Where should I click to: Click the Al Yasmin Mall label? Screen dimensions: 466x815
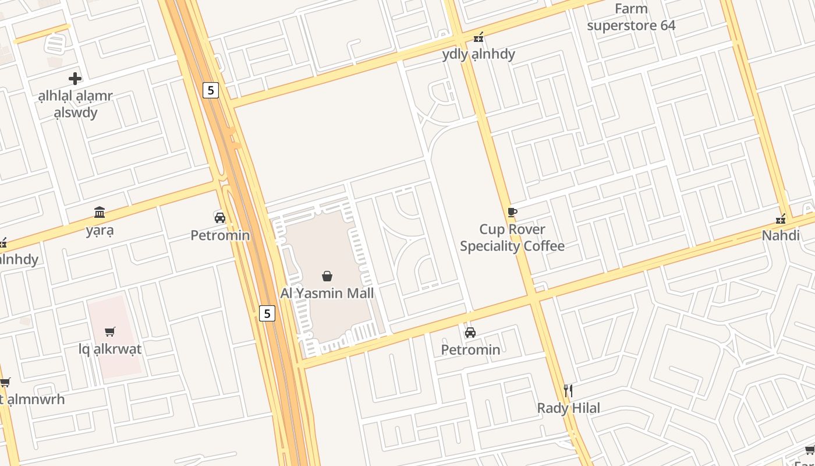pyautogui.click(x=327, y=293)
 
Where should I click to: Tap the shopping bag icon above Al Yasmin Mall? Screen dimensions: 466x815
pyautogui.click(x=327, y=276)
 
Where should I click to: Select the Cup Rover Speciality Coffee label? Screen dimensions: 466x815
pyautogui.click(x=512, y=238)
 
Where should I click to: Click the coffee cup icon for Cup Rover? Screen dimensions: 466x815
pyautogui.click(x=512, y=212)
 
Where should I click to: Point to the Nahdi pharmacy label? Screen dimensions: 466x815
pyautogui.click(x=781, y=236)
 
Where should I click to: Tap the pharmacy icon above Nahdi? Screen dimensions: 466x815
pyautogui.click(x=781, y=219)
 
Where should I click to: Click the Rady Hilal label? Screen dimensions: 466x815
pyautogui.click(x=568, y=408)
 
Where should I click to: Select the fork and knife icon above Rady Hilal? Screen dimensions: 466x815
pyautogui.click(x=568, y=390)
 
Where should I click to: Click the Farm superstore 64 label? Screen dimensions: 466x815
pyautogui.click(x=631, y=17)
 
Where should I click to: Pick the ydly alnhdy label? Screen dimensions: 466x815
pyautogui.click(x=479, y=54)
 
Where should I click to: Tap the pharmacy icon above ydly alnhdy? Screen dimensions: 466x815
pyautogui.click(x=479, y=37)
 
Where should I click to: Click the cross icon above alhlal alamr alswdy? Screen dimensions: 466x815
pyautogui.click(x=75, y=78)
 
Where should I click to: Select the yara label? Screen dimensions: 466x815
pyautogui.click(x=100, y=230)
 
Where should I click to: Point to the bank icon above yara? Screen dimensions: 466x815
pyautogui.click(x=100, y=212)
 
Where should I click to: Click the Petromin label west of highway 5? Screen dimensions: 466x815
pyautogui.click(x=220, y=235)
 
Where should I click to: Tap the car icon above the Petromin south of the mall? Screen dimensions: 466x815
pyautogui.click(x=470, y=333)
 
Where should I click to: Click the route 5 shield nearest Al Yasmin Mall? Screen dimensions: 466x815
pyautogui.click(x=267, y=313)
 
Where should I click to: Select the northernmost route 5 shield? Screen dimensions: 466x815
pyautogui.click(x=211, y=90)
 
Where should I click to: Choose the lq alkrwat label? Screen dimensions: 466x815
pyautogui.click(x=110, y=349)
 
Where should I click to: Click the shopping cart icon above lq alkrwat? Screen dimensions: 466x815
pyautogui.click(x=110, y=332)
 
